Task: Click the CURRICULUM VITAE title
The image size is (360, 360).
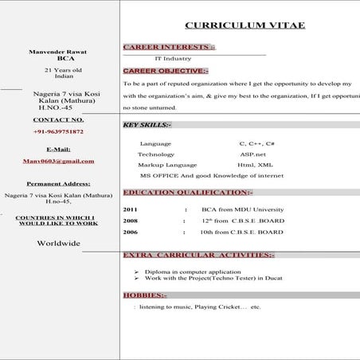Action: (x=245, y=25)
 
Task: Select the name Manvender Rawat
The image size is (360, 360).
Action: (x=59, y=52)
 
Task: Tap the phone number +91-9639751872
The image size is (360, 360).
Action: (x=58, y=131)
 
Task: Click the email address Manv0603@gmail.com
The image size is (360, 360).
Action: (x=58, y=161)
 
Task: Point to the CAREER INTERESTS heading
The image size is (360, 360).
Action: (x=169, y=48)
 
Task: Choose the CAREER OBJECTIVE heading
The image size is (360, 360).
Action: (x=167, y=71)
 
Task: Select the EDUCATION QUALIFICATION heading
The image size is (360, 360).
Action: (x=188, y=193)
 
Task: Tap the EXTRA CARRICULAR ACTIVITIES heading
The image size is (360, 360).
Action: (x=198, y=255)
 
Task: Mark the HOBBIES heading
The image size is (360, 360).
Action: (x=145, y=295)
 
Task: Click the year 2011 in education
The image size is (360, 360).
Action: (x=130, y=209)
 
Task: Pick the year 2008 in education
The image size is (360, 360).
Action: (x=130, y=221)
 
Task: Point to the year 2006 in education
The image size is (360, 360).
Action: (x=130, y=232)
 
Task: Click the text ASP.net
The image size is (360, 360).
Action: (x=252, y=154)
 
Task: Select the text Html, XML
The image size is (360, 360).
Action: (x=255, y=164)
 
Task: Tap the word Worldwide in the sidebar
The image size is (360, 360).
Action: (x=58, y=243)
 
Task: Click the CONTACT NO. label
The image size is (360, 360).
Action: (x=58, y=119)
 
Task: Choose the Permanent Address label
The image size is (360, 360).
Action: (x=58, y=183)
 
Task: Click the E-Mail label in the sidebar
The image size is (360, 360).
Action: (x=58, y=149)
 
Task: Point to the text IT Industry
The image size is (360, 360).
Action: (x=173, y=59)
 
